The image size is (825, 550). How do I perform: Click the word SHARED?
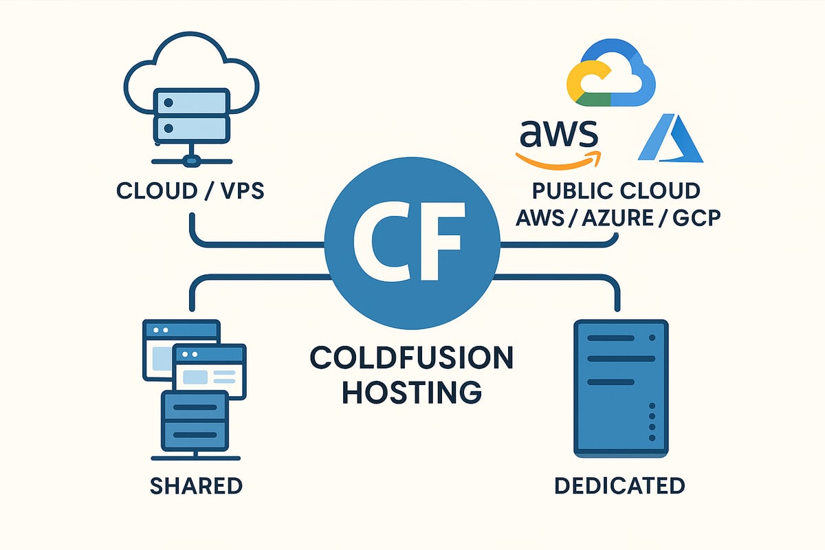196,486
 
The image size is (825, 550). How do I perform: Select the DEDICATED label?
619,486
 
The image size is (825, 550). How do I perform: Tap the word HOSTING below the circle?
411,393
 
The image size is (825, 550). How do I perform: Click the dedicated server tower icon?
621,389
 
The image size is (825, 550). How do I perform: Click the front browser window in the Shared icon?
210,371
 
